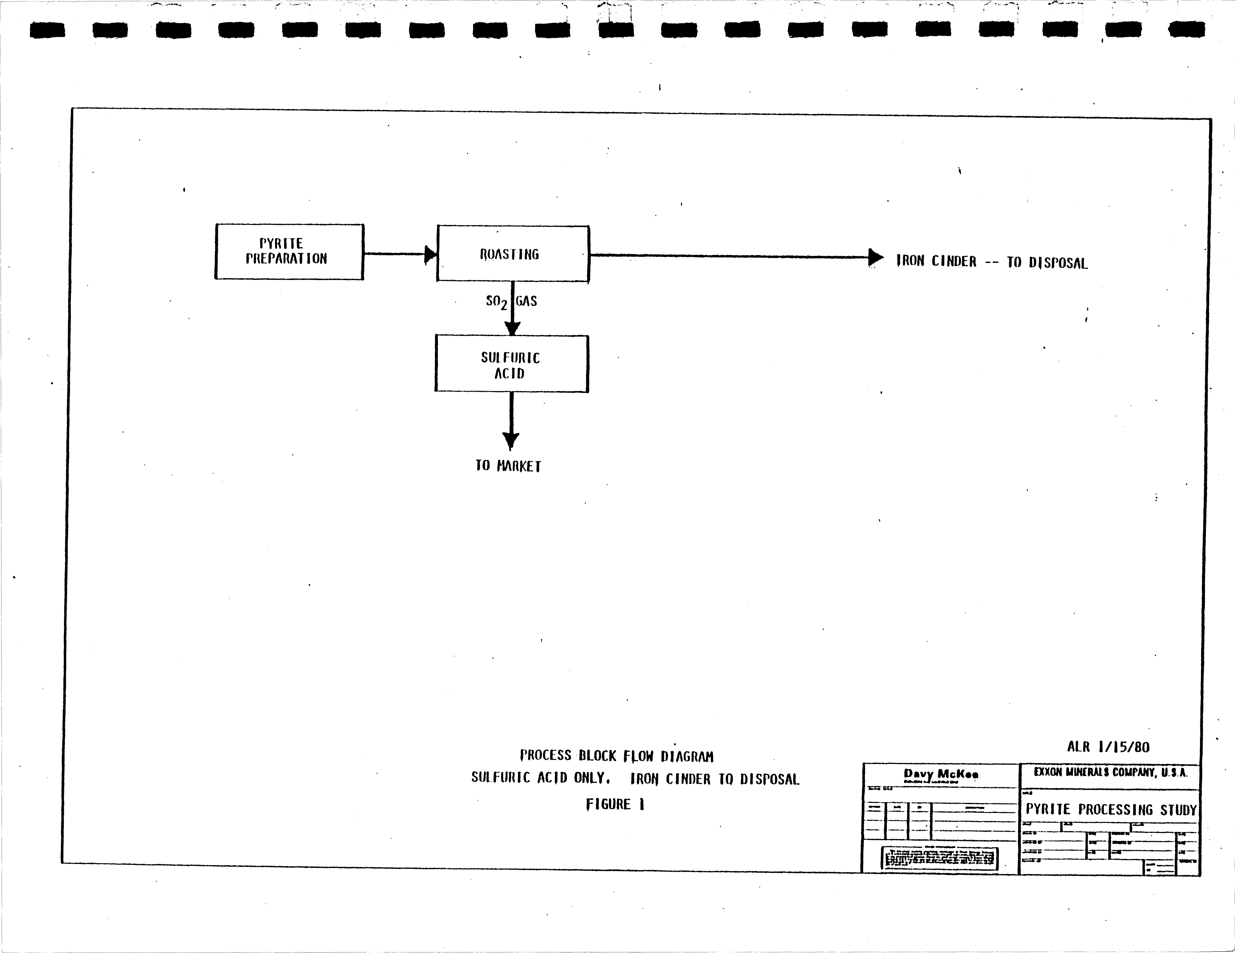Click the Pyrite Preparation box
point(289,252)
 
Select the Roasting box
point(512,254)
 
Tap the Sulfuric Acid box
point(511,363)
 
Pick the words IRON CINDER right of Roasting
point(936,261)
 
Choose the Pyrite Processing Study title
point(1111,809)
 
